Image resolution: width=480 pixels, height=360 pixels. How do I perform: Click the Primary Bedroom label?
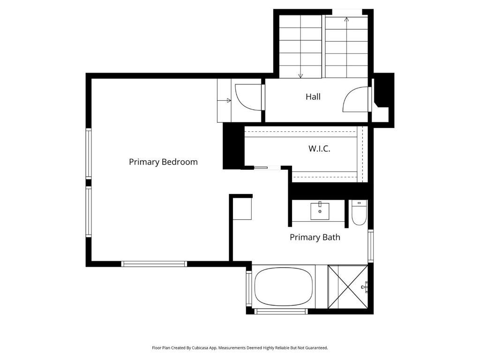(x=163, y=162)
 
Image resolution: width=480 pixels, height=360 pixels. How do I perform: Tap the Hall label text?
(x=313, y=97)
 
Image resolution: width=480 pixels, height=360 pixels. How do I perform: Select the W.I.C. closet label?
(x=319, y=149)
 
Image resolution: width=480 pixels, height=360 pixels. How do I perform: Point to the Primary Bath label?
(x=315, y=237)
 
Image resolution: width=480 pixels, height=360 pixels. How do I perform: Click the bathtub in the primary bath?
(x=283, y=286)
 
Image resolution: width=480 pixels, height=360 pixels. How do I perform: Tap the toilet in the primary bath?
(x=359, y=213)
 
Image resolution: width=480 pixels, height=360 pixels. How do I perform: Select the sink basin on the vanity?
(x=320, y=211)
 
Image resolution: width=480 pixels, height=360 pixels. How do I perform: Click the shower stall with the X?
(x=347, y=286)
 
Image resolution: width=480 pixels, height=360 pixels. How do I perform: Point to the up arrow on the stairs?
(x=346, y=20)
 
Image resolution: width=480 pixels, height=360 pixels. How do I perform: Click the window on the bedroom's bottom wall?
(x=154, y=264)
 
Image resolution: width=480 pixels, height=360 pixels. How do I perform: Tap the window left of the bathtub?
(x=249, y=288)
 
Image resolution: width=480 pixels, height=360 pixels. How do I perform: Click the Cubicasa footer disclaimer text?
(x=240, y=348)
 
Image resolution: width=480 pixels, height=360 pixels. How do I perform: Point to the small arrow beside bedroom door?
(x=228, y=100)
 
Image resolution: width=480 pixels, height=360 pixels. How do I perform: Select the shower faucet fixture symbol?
(x=365, y=285)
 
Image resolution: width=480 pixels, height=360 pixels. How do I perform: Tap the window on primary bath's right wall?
(x=370, y=246)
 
